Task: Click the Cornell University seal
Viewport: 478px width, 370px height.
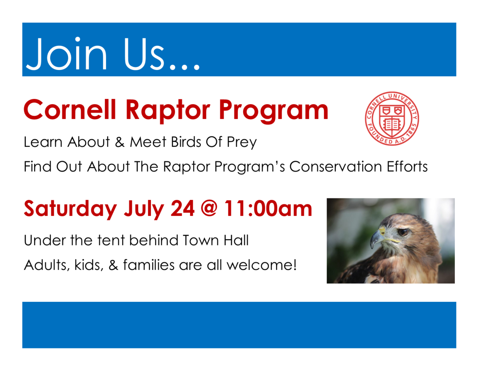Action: pyautogui.click(x=392, y=119)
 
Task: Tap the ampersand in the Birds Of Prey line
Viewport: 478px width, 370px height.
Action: pyautogui.click(x=120, y=142)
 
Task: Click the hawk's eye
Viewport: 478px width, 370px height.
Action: pyautogui.click(x=403, y=231)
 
